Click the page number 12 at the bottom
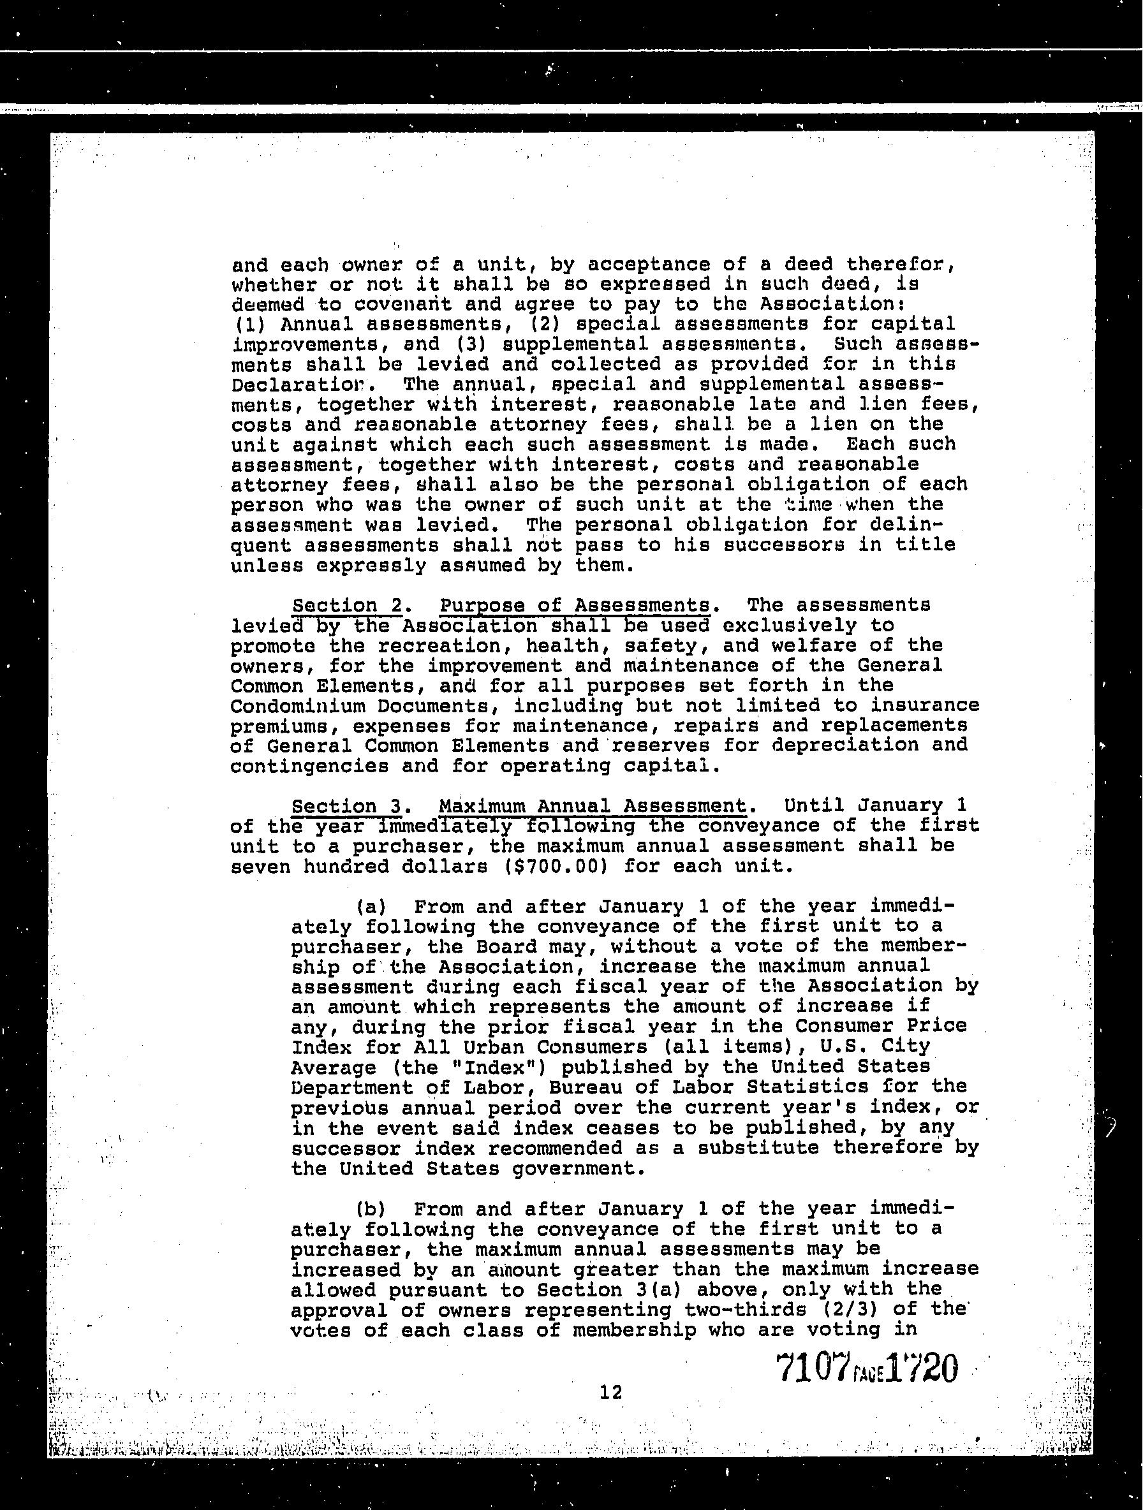click(610, 1392)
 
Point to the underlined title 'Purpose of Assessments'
click(574, 606)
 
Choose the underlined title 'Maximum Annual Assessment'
click(592, 806)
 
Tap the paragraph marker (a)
click(371, 907)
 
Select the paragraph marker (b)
click(371, 1209)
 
